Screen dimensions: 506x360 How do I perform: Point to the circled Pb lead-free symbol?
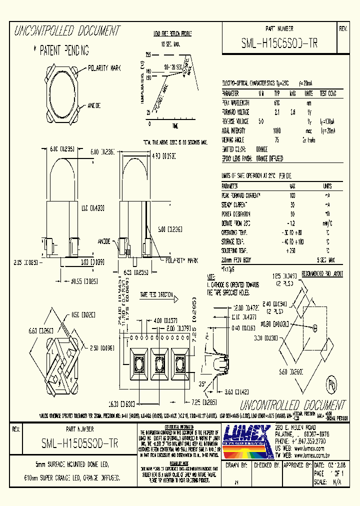pyautogui.click(x=330, y=386)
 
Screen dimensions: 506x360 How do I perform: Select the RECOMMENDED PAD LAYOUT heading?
pyautogui.click(x=323, y=274)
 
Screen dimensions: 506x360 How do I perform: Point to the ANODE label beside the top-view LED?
pyautogui.click(x=94, y=105)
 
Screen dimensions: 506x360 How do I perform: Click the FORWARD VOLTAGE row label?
pyautogui.click(x=235, y=112)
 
